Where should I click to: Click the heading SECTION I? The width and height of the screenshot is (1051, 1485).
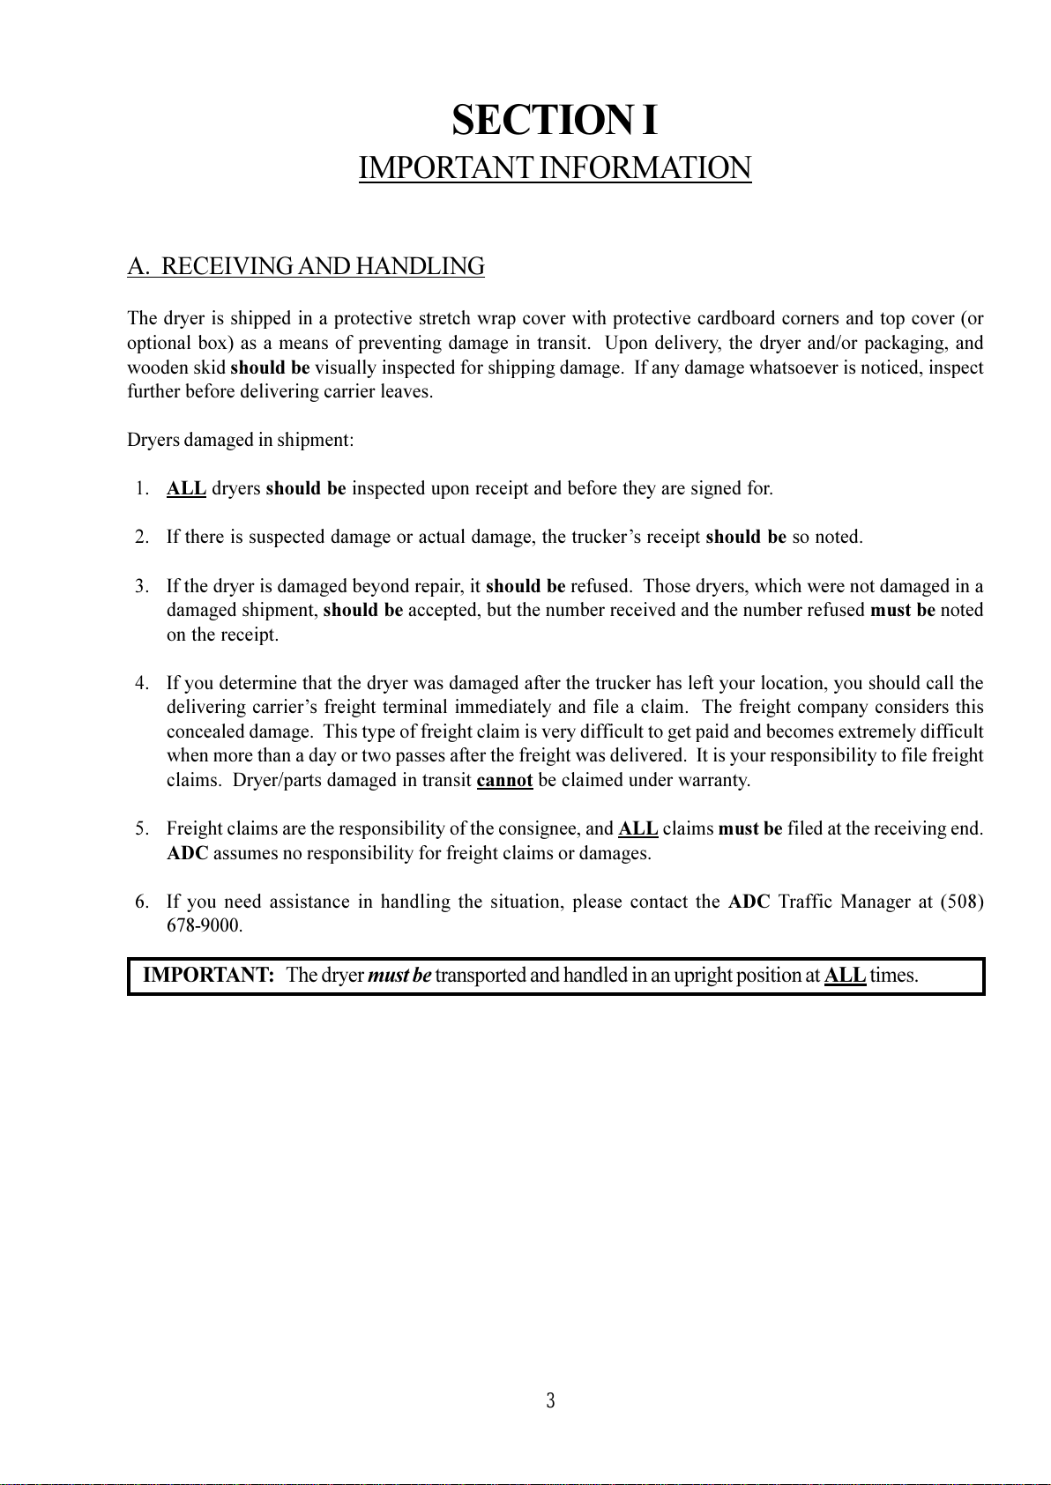point(555,121)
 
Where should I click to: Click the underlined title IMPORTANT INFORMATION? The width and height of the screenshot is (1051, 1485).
point(555,167)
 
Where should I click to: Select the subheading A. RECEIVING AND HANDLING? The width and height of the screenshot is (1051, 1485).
point(306,266)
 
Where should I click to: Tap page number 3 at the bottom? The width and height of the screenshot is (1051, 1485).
point(550,1400)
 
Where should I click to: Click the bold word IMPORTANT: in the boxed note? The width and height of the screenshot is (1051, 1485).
point(209,976)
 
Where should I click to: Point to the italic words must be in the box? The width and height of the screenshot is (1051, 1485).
point(399,976)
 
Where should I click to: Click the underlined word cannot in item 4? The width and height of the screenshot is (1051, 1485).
point(504,780)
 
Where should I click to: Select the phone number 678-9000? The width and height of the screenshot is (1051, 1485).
point(205,926)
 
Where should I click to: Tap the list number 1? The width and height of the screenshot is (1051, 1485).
point(142,488)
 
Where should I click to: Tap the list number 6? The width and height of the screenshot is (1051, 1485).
point(141,902)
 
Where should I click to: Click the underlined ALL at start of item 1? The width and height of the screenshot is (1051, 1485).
point(186,488)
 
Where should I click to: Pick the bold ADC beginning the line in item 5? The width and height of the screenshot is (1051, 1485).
point(187,853)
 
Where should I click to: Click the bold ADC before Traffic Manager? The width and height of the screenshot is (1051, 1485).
point(749,902)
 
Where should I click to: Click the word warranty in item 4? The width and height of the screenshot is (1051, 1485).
point(719,780)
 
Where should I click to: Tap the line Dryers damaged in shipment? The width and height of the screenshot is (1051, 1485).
point(241,440)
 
